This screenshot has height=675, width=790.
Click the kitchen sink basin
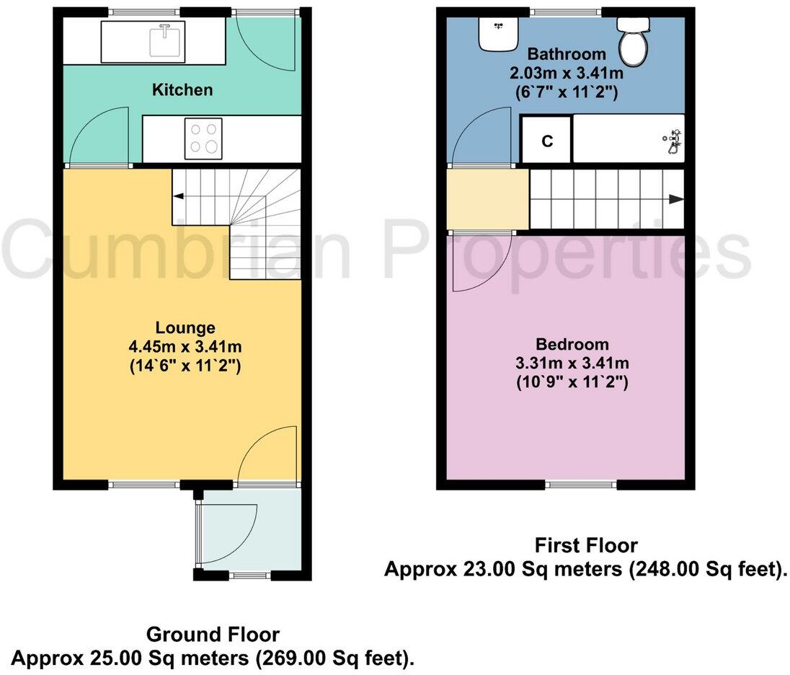(x=165, y=40)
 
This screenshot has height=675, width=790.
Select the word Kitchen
(x=182, y=90)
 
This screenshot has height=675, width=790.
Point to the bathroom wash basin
(x=498, y=32)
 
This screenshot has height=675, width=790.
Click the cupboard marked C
(x=547, y=141)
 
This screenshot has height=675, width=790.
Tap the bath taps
(x=673, y=141)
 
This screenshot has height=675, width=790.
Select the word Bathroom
(x=566, y=54)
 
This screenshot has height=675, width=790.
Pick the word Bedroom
(x=572, y=345)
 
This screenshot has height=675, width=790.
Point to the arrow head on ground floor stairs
(x=177, y=195)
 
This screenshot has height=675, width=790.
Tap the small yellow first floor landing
(x=487, y=200)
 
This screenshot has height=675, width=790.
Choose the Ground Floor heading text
(x=213, y=635)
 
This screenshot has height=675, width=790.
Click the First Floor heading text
(x=585, y=544)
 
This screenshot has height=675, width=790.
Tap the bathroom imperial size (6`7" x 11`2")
(x=566, y=92)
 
